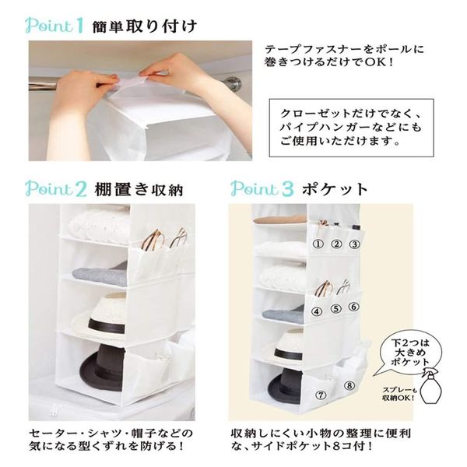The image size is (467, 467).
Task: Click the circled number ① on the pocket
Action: (318, 244)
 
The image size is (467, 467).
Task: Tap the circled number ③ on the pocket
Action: (354, 244)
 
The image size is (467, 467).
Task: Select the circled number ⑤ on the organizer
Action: (336, 308)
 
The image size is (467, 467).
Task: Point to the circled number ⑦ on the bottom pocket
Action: (321, 395)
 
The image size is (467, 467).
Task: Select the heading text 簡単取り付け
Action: (145, 26)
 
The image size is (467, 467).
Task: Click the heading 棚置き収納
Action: (139, 189)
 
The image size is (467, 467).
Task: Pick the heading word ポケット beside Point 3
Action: (335, 189)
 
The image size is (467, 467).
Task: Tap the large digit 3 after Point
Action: (287, 189)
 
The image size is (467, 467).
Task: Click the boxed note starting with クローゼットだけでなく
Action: (352, 128)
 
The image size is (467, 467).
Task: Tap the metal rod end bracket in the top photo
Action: (233, 83)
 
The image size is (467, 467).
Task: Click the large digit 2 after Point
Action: (81, 189)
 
